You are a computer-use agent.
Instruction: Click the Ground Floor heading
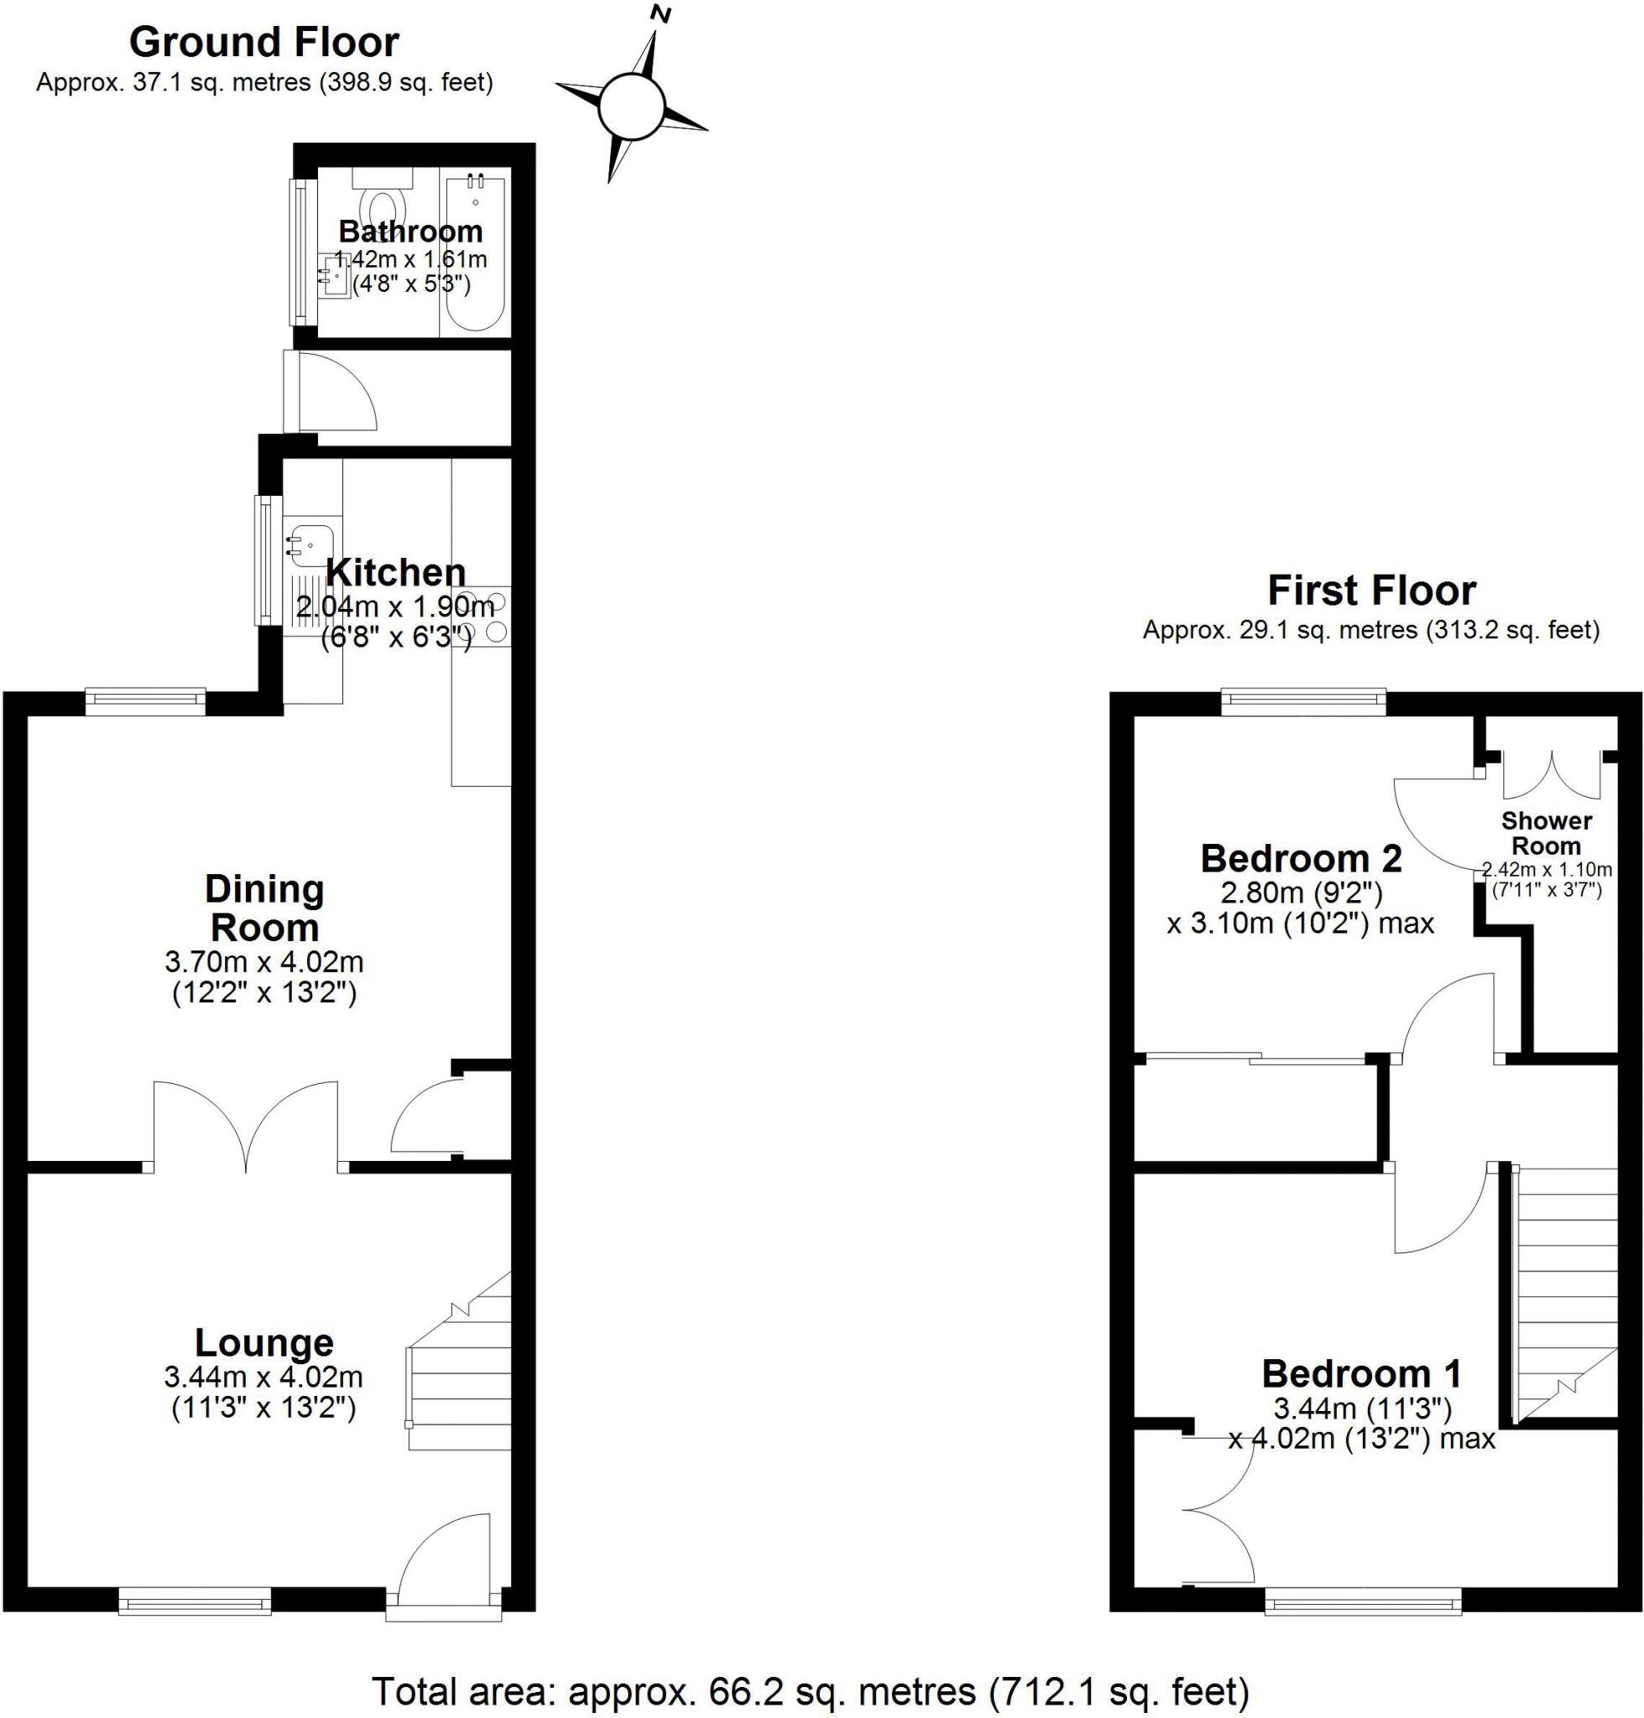point(264,42)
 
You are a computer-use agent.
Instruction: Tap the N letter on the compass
point(661,14)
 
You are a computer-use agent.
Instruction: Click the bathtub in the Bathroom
point(474,254)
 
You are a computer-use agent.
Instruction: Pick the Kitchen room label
point(395,573)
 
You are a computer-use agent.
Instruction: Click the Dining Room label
point(264,908)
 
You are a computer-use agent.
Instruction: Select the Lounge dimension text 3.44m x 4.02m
point(263,1377)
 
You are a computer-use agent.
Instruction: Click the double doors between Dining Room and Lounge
point(245,1126)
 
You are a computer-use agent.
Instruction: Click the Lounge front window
point(195,1604)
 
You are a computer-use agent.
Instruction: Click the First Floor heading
point(1370,591)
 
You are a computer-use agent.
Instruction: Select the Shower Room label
point(1546,833)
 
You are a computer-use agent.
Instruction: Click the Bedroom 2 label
point(1301,858)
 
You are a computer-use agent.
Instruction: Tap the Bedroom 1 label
point(1361,1374)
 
